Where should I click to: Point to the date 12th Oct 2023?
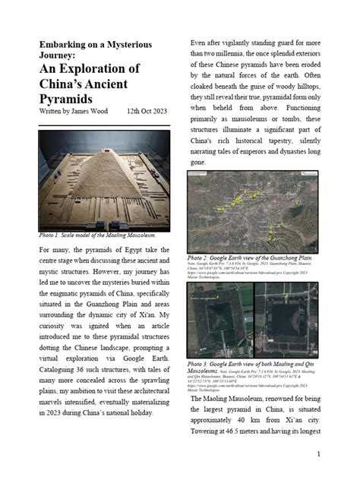[147, 112]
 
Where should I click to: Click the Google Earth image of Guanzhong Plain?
[252, 211]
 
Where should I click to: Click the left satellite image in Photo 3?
[219, 319]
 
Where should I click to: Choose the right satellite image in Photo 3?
[286, 319]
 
